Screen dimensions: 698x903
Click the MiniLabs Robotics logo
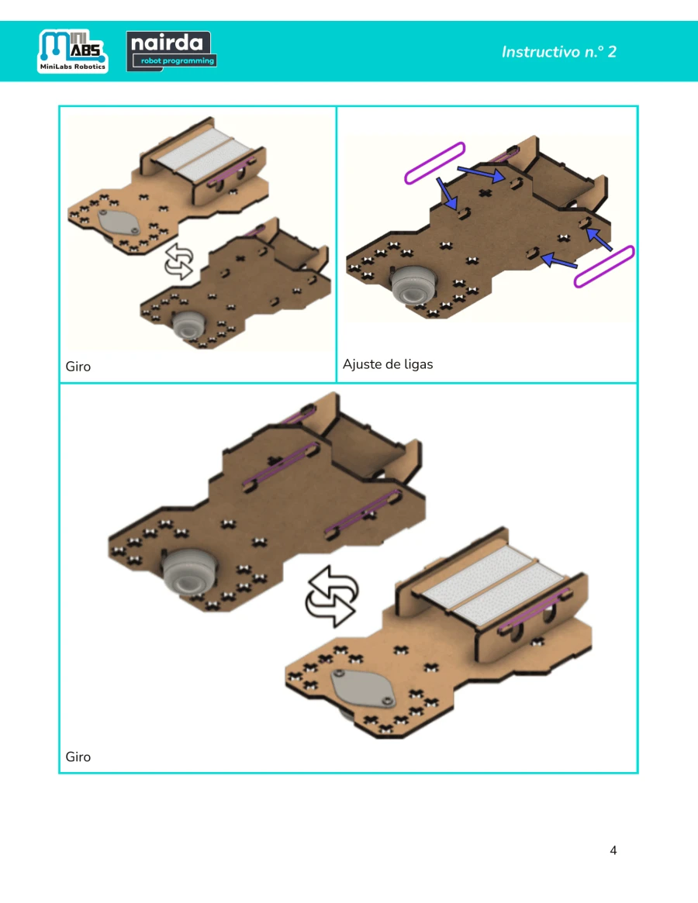pyautogui.click(x=73, y=51)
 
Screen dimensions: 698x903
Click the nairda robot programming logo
pyautogui.click(x=171, y=51)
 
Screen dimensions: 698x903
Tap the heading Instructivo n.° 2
pyautogui.click(x=558, y=52)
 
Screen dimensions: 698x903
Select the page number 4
pyautogui.click(x=613, y=850)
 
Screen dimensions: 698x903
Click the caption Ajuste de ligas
pyautogui.click(x=387, y=364)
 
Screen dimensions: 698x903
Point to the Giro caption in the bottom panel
pyautogui.click(x=78, y=757)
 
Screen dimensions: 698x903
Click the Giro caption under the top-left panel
pyautogui.click(x=78, y=367)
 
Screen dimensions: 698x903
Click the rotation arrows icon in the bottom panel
pyautogui.click(x=331, y=596)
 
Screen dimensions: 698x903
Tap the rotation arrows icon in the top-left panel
pyautogui.click(x=178, y=261)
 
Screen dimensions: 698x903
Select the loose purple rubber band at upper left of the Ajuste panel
pyautogui.click(x=434, y=163)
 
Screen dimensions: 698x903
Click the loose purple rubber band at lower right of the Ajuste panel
pyautogui.click(x=604, y=266)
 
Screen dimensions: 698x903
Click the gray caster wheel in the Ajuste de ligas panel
pyautogui.click(x=413, y=285)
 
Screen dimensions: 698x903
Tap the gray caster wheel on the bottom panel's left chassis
pyautogui.click(x=189, y=571)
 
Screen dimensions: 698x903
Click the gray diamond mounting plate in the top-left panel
pyautogui.click(x=118, y=222)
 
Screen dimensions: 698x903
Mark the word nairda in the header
pyautogui.click(x=167, y=43)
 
